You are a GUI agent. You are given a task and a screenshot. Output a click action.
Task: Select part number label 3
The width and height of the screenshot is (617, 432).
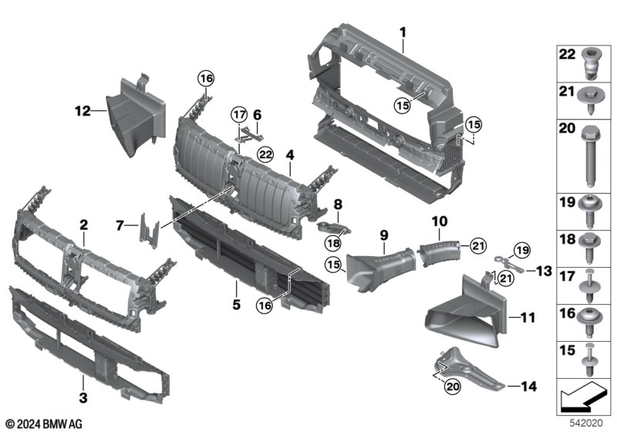click(84, 399)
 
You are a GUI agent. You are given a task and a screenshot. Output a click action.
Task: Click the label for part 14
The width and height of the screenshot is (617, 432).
click(529, 384)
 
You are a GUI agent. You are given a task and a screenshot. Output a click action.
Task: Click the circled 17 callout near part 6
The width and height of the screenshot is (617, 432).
click(239, 116)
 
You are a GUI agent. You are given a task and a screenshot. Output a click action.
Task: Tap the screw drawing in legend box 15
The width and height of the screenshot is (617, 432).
click(590, 356)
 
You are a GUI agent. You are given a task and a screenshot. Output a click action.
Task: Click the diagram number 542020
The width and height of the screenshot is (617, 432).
click(588, 422)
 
